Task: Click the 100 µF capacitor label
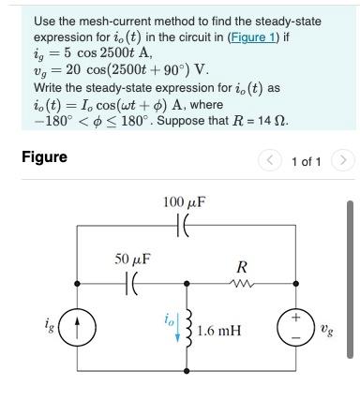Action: click(184, 202)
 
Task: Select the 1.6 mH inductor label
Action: click(220, 330)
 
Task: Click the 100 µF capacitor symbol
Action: click(184, 226)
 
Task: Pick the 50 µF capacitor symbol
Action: click(132, 281)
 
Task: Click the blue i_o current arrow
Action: click(176, 332)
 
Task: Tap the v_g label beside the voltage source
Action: click(326, 328)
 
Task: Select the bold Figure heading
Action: click(44, 156)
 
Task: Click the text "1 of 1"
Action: click(307, 162)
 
